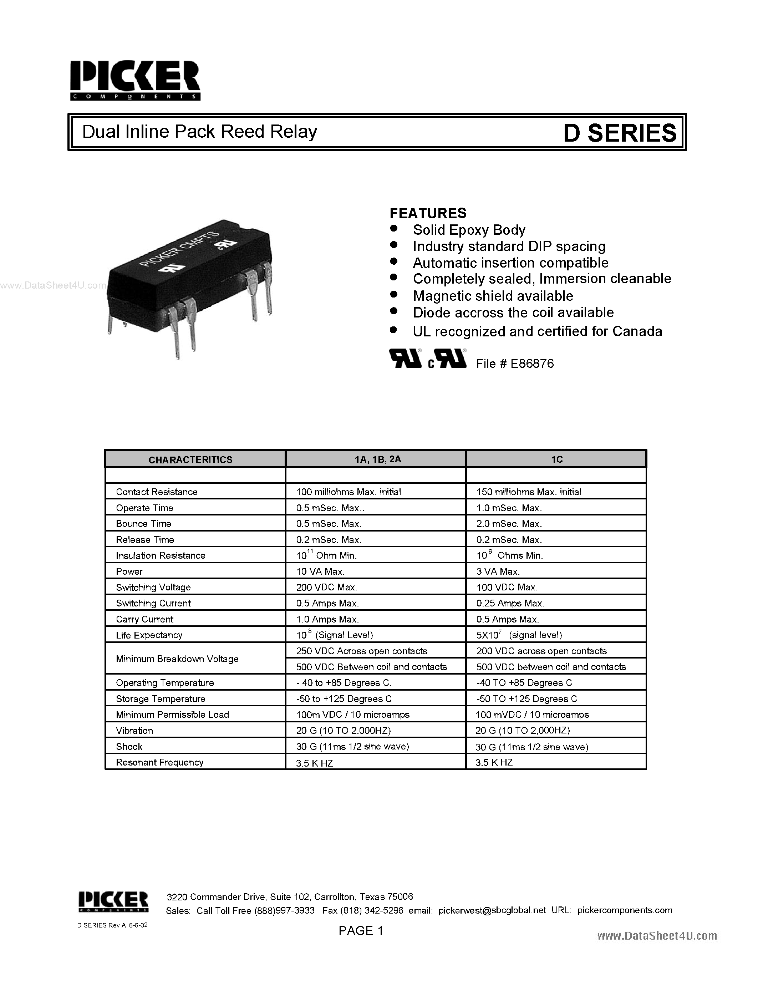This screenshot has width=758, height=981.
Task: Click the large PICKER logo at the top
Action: [135, 80]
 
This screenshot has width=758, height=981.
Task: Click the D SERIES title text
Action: [619, 133]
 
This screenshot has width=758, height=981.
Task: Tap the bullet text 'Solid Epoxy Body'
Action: [469, 230]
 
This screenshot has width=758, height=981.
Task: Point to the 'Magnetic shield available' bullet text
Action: [493, 296]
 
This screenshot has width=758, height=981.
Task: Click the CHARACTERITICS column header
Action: [190, 459]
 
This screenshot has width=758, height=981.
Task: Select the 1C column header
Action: [556, 459]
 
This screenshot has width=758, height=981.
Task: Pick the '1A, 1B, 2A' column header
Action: [377, 459]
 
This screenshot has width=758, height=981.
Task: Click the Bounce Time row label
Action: [143, 524]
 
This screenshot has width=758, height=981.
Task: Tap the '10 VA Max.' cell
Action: [320, 571]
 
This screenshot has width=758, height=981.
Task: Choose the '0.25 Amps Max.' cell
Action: [510, 603]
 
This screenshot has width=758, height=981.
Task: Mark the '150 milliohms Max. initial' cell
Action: [529, 492]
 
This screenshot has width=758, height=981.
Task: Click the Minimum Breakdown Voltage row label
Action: [177, 659]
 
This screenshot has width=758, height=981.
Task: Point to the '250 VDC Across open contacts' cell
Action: [361, 651]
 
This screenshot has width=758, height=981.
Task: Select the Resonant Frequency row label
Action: [159, 762]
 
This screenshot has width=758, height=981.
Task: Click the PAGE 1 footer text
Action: [361, 931]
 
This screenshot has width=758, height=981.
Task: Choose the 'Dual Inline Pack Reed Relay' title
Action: [200, 132]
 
